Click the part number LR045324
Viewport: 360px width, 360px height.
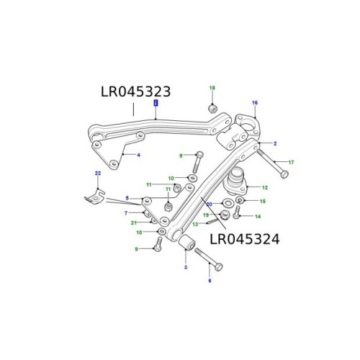[244, 238]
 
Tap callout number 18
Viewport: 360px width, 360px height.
[212, 88]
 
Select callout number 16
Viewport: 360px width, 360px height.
[254, 103]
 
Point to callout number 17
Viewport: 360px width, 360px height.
[291, 162]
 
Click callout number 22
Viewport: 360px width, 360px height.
[97, 174]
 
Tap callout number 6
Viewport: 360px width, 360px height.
[210, 280]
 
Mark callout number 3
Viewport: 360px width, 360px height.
[185, 268]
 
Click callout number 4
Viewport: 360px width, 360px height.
[138, 155]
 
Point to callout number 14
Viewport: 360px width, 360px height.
[258, 216]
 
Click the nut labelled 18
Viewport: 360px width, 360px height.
[212, 108]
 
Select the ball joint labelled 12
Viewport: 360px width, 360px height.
[238, 181]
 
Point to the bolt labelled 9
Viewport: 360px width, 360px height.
[158, 248]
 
